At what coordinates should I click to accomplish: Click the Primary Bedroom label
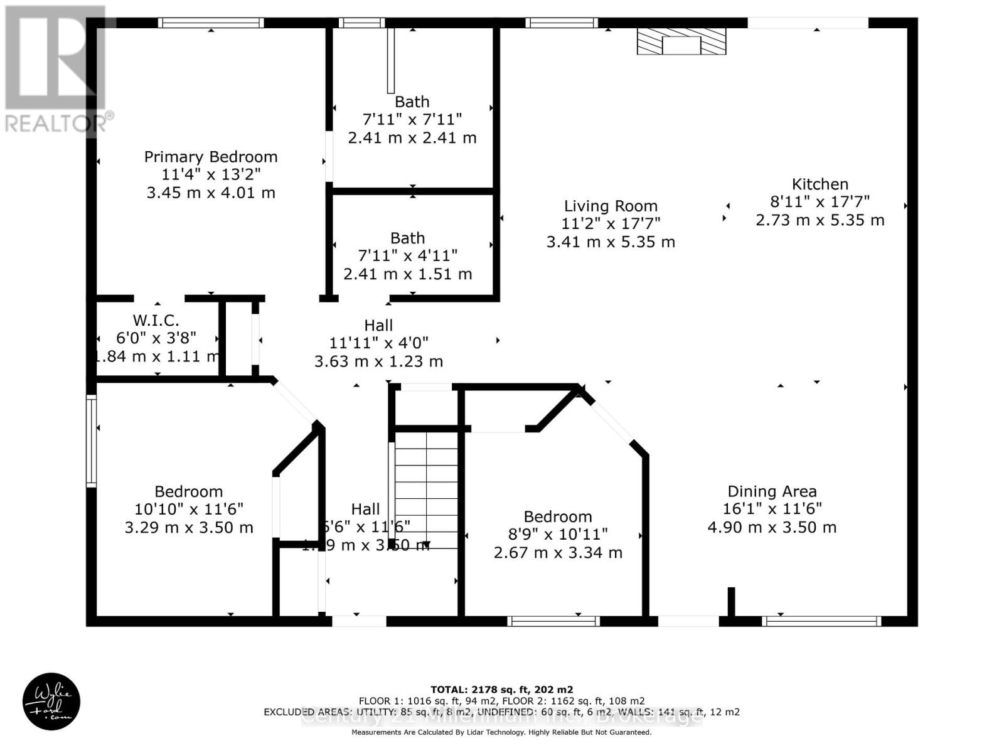(211, 157)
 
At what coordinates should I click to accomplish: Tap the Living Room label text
(611, 206)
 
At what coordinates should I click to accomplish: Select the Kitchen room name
(820, 184)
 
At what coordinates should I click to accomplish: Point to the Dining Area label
(772, 491)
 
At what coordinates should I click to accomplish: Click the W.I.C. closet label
(156, 320)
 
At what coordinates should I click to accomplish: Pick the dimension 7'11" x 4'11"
(407, 256)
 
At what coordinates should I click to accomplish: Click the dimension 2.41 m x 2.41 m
(412, 137)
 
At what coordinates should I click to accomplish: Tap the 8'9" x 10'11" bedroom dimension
(558, 534)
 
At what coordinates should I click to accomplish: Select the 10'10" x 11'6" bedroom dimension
(189, 509)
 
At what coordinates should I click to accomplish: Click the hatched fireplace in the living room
(681, 41)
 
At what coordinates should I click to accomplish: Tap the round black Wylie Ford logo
(51, 702)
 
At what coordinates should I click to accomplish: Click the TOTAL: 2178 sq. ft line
(501, 690)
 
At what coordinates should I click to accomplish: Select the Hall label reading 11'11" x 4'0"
(378, 343)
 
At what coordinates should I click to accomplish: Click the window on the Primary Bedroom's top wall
(210, 23)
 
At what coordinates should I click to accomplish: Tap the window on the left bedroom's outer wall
(92, 441)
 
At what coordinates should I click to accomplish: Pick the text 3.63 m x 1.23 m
(378, 361)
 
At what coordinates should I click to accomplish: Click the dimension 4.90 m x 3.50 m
(772, 527)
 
